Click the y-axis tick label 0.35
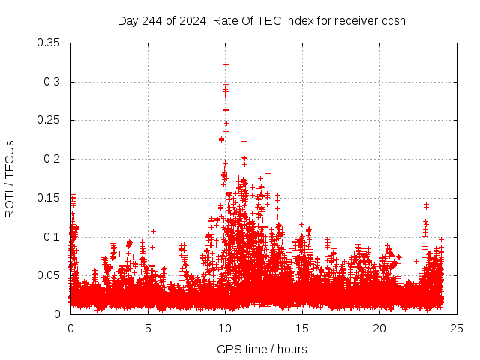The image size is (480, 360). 49,43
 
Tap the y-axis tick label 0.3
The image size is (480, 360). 52,82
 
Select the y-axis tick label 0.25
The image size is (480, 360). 49,120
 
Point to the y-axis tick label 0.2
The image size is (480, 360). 52,159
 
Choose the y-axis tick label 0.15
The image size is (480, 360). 49,198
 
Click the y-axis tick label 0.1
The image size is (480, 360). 52,236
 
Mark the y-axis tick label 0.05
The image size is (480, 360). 49,275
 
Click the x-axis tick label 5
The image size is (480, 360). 148,328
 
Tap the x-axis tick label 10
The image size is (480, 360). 225,328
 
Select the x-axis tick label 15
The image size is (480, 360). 302,328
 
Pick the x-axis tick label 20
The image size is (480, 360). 379,328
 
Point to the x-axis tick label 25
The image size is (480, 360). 457,328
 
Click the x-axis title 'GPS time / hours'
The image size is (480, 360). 262,349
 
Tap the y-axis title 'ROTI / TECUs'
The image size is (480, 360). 10,178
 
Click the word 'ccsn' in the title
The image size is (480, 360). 394,20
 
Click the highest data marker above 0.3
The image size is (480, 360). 226,64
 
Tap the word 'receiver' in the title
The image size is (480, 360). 355,20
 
